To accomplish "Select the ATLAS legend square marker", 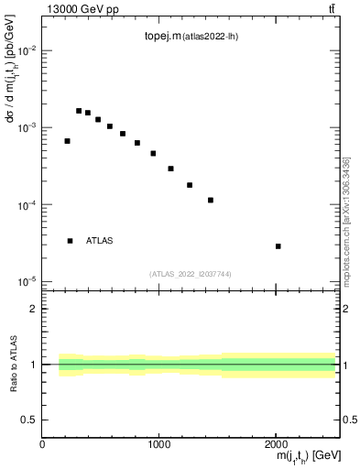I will point(70,241).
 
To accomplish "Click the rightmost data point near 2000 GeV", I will point(278,246).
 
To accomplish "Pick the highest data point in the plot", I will point(79,111).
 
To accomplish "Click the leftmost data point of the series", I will point(67,141).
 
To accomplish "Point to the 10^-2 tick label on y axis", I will point(27,51).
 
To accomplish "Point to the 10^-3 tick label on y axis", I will point(27,128).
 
